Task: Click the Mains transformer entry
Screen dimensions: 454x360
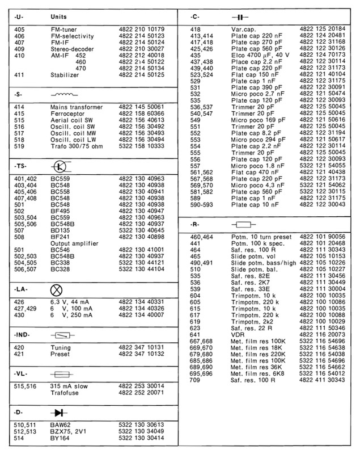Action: tap(77, 107)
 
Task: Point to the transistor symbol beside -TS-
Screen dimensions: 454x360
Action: tap(61, 166)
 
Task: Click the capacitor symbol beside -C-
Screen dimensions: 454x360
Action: tap(238, 18)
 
